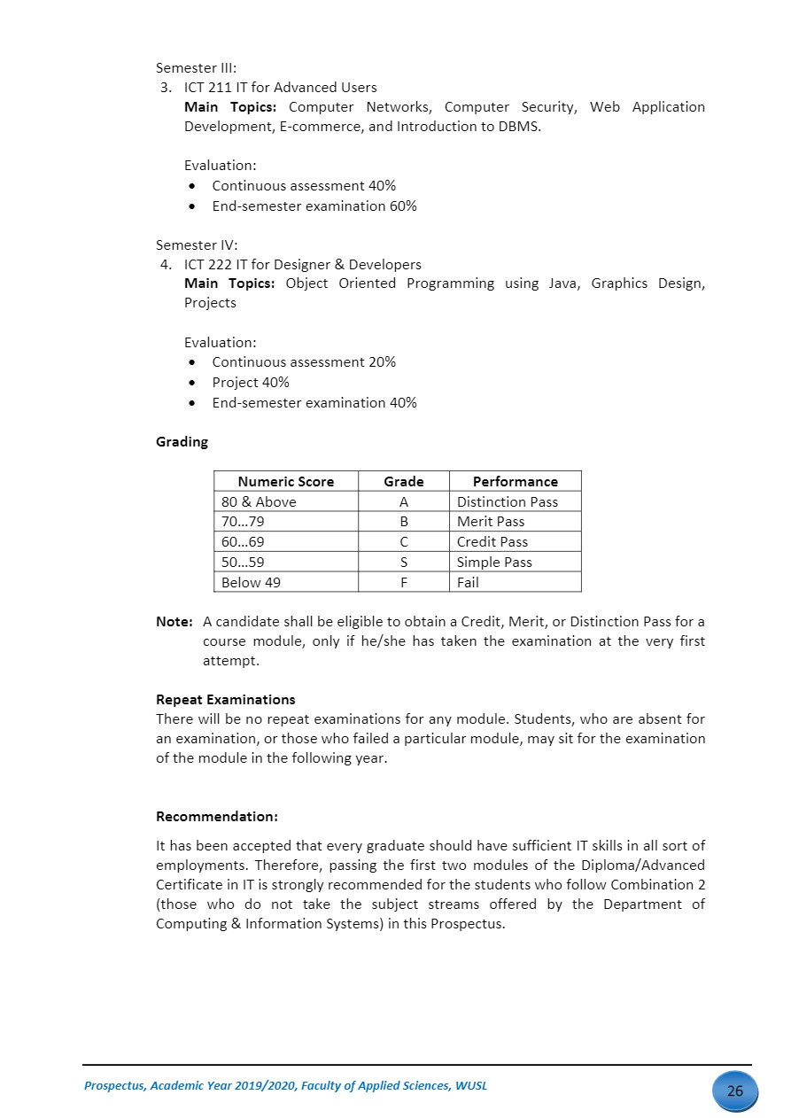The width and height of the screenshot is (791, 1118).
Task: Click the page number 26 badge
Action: pyautogui.click(x=734, y=1091)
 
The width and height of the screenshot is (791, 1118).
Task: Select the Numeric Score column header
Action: pyautogui.click(x=286, y=482)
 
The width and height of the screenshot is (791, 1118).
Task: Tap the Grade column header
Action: pyautogui.click(x=404, y=482)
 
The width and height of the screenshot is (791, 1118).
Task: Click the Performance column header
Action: pyautogui.click(x=516, y=482)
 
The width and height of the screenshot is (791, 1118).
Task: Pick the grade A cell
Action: pyautogui.click(x=404, y=502)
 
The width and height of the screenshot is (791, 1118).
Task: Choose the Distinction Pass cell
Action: pyautogui.click(x=508, y=502)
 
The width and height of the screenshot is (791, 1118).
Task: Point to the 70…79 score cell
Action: pyautogui.click(x=243, y=522)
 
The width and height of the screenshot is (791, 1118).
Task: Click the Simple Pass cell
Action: pyautogui.click(x=494, y=563)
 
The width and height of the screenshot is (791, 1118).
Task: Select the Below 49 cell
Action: pyautogui.click(x=251, y=583)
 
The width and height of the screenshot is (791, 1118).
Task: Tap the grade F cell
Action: pyautogui.click(x=404, y=583)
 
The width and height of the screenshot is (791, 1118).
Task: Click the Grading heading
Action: pyautogui.click(x=182, y=441)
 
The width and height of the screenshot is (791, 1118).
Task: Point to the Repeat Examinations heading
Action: pyautogui.click(x=225, y=700)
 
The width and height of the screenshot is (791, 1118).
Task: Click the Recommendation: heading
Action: pyautogui.click(x=217, y=816)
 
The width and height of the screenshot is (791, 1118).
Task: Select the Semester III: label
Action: pyautogui.click(x=196, y=68)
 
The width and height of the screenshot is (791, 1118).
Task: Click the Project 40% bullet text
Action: pyautogui.click(x=251, y=383)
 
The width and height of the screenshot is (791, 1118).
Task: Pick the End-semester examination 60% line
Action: pyautogui.click(x=314, y=206)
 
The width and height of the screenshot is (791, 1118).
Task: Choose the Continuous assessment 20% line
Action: pyautogui.click(x=304, y=362)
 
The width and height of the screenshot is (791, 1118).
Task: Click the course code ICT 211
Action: pyautogui.click(x=211, y=88)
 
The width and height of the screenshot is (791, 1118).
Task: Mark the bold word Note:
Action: pyautogui.click(x=174, y=622)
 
